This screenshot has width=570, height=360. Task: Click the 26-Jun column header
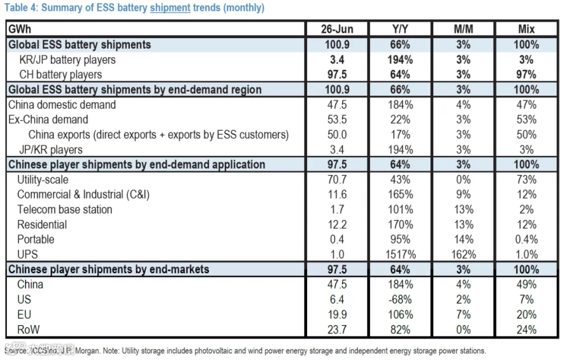[337, 29]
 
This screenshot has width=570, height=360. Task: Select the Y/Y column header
[400, 29]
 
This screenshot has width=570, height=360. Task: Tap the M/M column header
[463, 29]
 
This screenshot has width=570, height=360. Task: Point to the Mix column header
[526, 29]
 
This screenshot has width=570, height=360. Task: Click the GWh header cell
[20, 29]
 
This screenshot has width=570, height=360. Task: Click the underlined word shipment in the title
[170, 8]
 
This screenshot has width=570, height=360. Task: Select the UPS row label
[27, 254]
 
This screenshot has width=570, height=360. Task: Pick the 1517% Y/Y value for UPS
[400, 254]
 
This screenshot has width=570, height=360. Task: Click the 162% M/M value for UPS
[464, 254]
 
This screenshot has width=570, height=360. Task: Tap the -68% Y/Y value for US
[400, 299]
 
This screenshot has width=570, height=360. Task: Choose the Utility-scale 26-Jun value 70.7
[337, 179]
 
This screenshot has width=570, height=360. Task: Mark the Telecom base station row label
[65, 209]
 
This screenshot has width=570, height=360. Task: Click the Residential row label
[42, 224]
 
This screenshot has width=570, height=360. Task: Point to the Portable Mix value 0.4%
[526, 240]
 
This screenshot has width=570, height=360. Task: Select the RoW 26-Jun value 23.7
[337, 330]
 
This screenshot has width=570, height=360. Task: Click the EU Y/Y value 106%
[400, 314]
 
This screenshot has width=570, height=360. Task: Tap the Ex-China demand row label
[48, 120]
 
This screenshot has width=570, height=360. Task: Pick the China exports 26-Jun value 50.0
[337, 134]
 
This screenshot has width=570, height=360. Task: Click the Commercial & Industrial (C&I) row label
[83, 195]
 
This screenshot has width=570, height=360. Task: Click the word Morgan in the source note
[87, 351]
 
